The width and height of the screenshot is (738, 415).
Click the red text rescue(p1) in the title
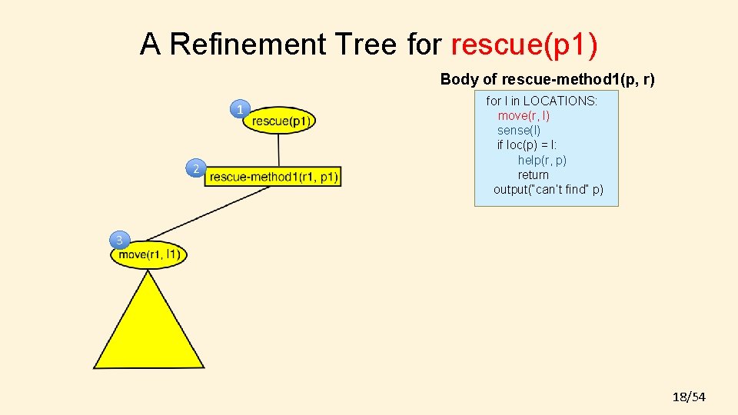click(524, 45)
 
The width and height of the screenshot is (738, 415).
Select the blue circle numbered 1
click(241, 110)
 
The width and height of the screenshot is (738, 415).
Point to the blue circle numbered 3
click(119, 241)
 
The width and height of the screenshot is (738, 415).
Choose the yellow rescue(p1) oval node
click(279, 120)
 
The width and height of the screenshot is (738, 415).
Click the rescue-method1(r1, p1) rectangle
click(273, 177)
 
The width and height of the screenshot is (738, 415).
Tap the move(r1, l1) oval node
click(149, 254)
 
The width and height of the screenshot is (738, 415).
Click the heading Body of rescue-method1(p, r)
click(547, 79)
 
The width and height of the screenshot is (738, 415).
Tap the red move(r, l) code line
click(524, 115)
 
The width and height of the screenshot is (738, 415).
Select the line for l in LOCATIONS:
click(541, 101)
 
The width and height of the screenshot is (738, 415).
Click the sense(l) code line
click(519, 130)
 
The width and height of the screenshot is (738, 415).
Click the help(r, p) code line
click(542, 160)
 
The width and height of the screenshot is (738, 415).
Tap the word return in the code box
click(534, 174)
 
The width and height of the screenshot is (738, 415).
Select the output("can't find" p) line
click(548, 189)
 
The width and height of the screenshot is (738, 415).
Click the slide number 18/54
click(689, 397)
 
